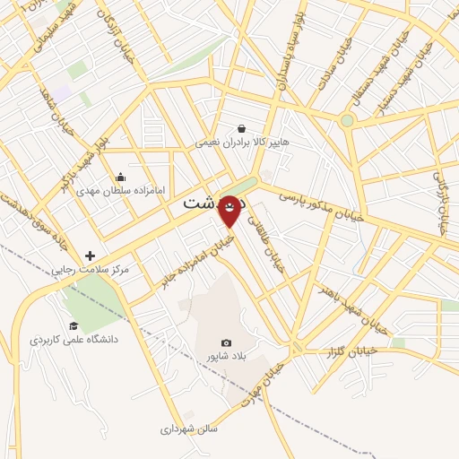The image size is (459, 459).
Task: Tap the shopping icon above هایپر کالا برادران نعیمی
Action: [242, 129]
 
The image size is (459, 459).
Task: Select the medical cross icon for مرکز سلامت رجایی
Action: [90, 255]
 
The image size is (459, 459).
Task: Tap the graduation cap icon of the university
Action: [74, 325]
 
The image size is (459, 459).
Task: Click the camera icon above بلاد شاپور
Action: [226, 343]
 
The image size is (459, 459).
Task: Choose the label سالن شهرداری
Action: [191, 429]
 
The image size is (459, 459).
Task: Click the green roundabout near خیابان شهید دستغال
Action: [347, 120]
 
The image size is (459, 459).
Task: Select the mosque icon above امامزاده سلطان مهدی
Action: [121, 177]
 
